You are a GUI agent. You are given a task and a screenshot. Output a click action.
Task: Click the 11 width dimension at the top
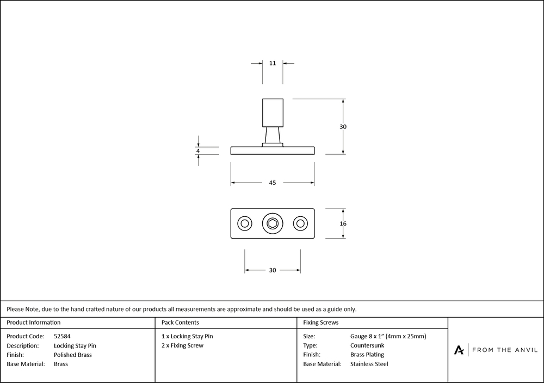[273, 63]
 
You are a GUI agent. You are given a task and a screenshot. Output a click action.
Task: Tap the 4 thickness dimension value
[198, 151]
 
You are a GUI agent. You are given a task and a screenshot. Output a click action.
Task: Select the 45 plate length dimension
[273, 183]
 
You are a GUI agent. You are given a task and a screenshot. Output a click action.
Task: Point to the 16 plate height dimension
[343, 223]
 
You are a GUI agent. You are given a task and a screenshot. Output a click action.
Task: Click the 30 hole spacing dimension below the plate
[273, 270]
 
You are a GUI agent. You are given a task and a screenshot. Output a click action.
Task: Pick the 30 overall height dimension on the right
[343, 127]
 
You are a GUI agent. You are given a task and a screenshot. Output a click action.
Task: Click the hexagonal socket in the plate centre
[273, 223]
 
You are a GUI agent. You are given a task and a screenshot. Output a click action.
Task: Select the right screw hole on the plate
[300, 223]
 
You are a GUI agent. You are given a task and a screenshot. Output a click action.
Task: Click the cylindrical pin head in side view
[273, 112]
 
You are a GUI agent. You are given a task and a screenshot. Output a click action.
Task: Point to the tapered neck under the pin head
[273, 135]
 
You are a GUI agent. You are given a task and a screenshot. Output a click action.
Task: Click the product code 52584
[62, 336]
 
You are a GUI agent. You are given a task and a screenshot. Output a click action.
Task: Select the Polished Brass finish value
[73, 355]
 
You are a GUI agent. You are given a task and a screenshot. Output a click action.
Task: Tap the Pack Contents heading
[180, 323]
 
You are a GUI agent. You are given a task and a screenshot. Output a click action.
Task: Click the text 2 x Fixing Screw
[182, 345]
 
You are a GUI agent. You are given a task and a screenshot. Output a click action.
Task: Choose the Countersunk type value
[367, 345]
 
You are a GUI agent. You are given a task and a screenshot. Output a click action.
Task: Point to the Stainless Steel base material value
[369, 364]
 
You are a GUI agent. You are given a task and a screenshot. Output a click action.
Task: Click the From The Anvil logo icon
[459, 350]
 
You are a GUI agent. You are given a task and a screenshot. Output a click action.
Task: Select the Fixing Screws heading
[321, 323]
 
